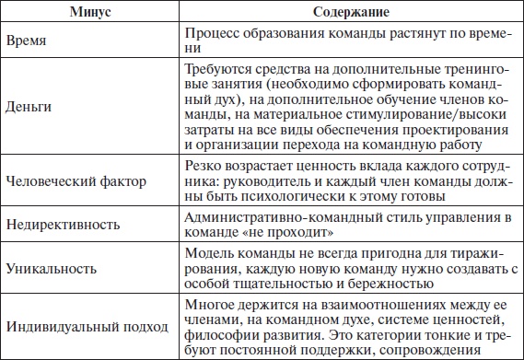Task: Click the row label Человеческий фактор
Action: click(76, 180)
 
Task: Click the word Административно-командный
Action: click(273, 215)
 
